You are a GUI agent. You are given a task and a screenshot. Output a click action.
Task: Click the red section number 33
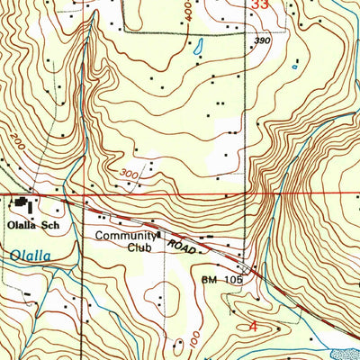tap(260, 5)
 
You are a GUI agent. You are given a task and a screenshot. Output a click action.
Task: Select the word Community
tap(126, 237)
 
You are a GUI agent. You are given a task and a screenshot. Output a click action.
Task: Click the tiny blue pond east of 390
tap(295, 64)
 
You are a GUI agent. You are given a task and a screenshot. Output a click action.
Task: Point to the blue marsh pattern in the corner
tap(346, 354)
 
